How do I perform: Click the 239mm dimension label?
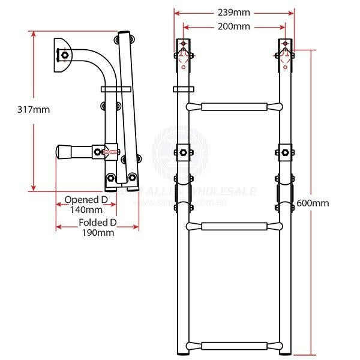pos(235,12)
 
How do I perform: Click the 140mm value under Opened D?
pos(86,210)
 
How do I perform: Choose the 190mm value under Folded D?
pos(98,233)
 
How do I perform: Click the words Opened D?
pos(86,199)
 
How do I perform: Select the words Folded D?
pos(98,222)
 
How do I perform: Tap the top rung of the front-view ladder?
pos(235,107)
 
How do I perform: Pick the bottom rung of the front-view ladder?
pos(235,346)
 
